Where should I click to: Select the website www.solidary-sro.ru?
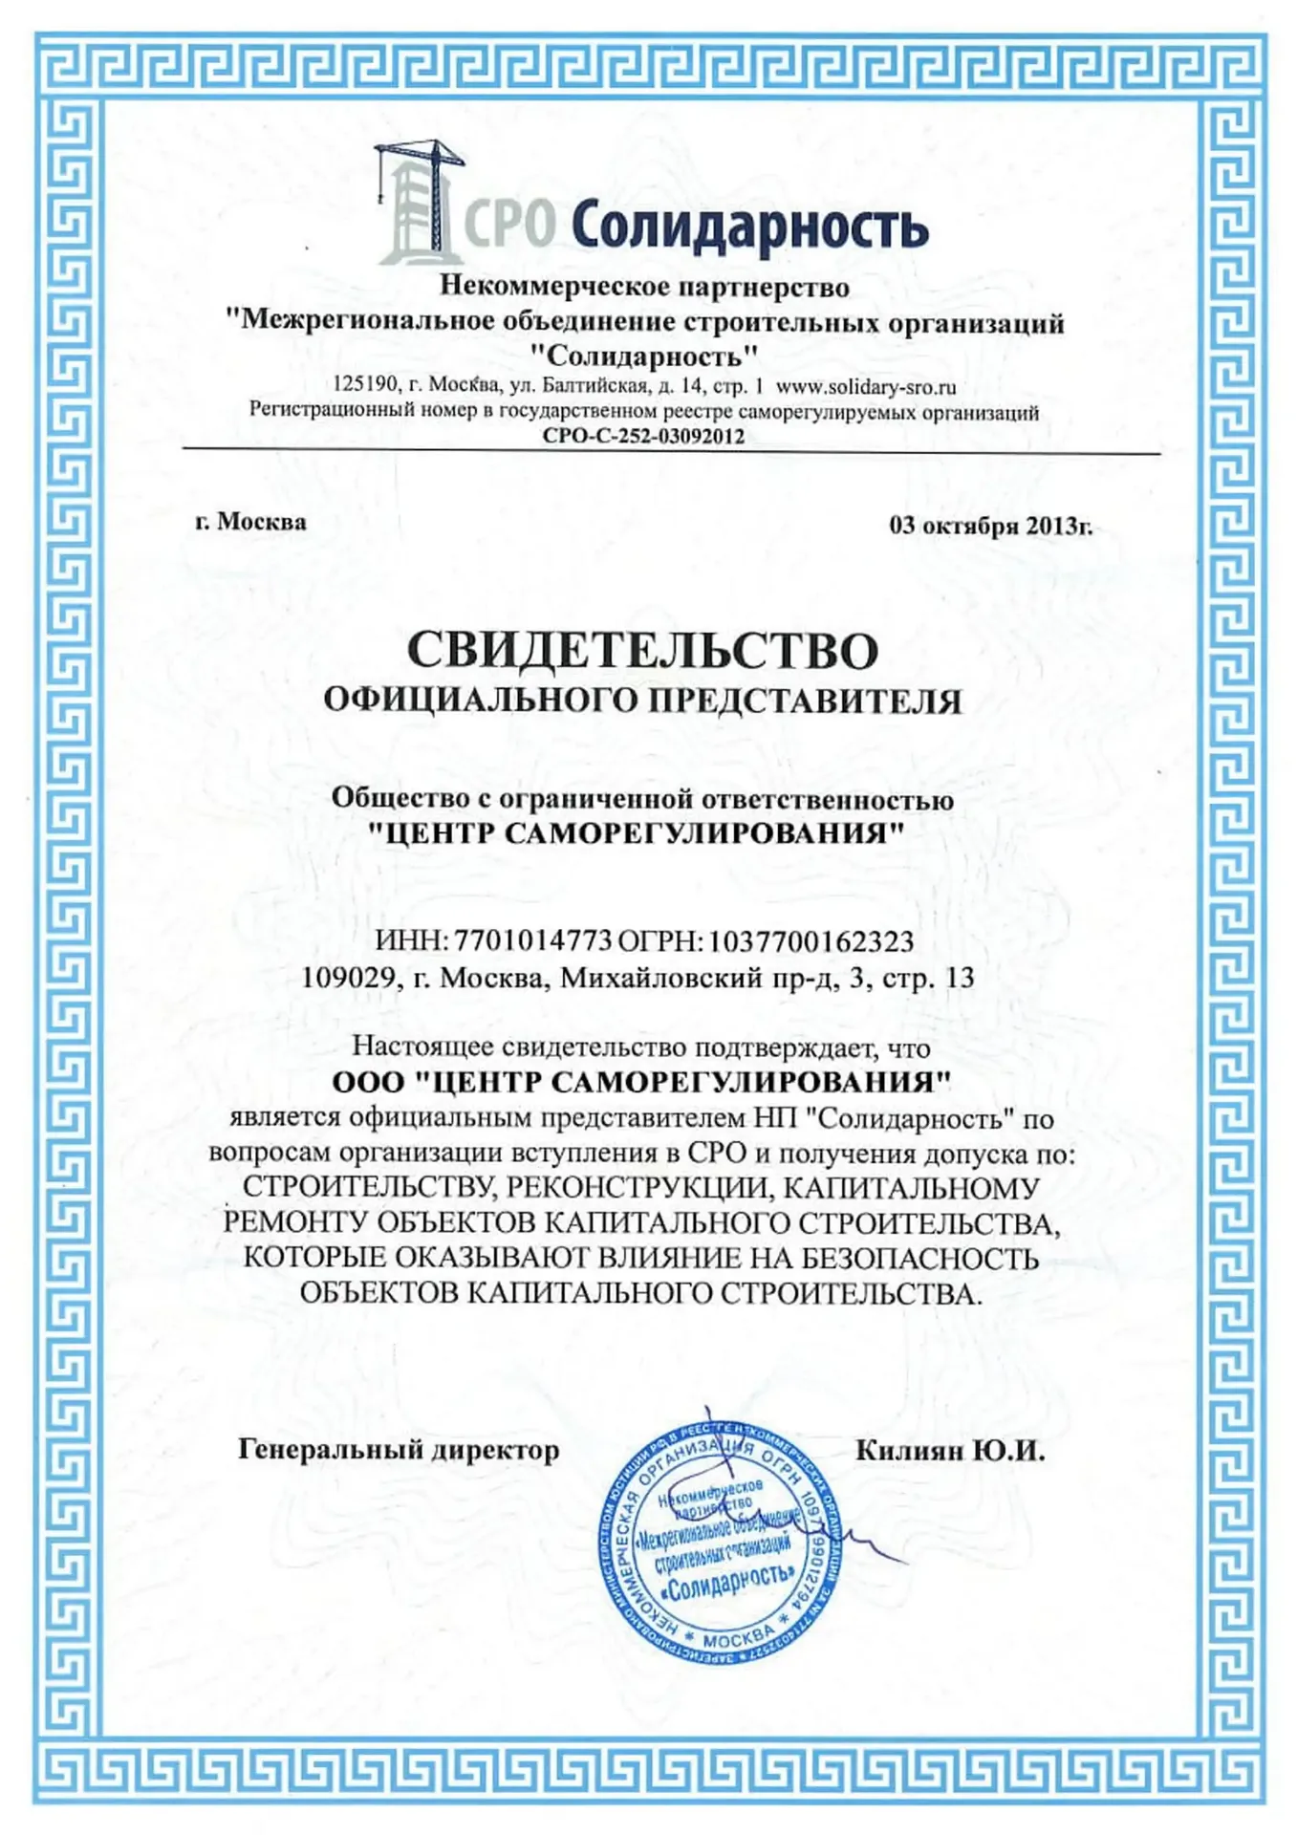(865, 387)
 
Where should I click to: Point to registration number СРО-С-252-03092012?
(643, 437)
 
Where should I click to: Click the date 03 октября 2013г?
(990, 526)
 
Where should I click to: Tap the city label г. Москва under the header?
(250, 522)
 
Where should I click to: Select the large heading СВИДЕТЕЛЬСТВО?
(642, 651)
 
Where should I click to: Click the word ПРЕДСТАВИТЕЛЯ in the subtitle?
(805, 702)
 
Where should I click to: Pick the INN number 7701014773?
(532, 941)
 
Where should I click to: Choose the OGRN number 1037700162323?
(811, 941)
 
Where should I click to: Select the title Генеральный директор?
(399, 1450)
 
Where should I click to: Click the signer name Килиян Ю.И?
(950, 1452)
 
